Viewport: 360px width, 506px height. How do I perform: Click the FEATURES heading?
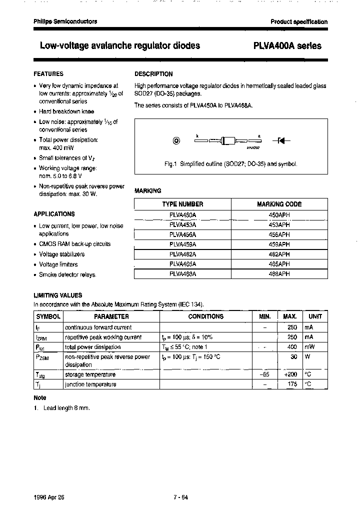point(48,74)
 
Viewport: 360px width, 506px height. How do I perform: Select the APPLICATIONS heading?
point(54,214)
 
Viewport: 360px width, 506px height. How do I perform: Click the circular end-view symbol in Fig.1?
point(176,141)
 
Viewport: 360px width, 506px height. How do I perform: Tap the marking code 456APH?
point(279,234)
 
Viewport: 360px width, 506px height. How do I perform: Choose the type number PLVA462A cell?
point(182,254)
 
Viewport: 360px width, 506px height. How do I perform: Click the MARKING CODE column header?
point(279,204)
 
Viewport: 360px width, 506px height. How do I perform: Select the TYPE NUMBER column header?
point(182,204)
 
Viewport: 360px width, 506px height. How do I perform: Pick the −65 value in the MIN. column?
point(265,374)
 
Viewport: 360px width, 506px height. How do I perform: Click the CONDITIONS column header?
point(205,316)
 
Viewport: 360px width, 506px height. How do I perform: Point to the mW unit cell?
point(309,347)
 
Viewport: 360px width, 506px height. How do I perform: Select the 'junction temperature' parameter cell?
point(90,384)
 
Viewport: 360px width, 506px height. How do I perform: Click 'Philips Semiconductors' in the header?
point(65,21)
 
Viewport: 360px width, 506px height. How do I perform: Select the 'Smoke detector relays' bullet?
point(67,275)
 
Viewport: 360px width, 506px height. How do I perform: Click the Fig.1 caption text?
point(230,164)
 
